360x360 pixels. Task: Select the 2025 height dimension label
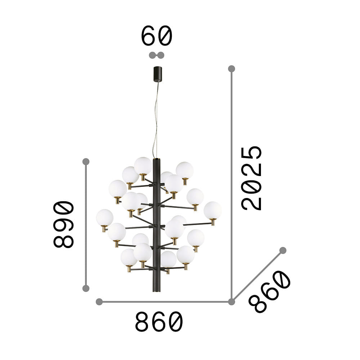click(x=251, y=178)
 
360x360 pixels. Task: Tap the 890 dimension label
click(x=64, y=224)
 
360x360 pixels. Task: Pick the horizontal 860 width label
click(x=159, y=321)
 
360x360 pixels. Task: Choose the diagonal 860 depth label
click(x=270, y=292)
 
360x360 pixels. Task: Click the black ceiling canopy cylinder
click(x=158, y=74)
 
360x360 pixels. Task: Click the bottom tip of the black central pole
click(x=157, y=292)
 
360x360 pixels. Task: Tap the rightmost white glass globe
click(x=213, y=210)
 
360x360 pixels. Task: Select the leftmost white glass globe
click(x=105, y=218)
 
